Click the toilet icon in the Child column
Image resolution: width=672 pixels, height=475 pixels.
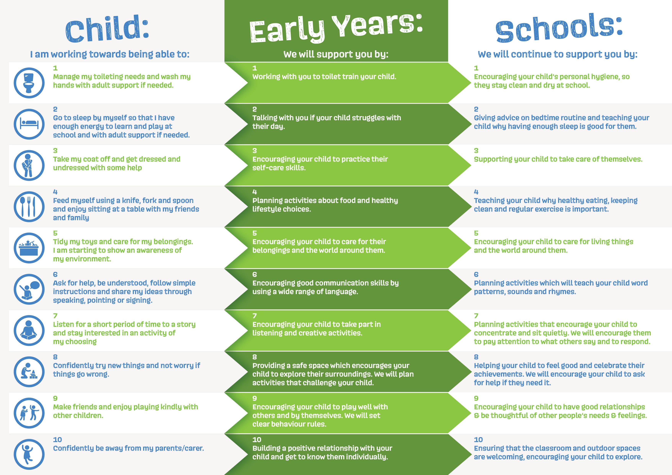pyautogui.click(x=29, y=83)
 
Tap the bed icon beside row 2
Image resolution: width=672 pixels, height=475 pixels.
pyautogui.click(x=29, y=124)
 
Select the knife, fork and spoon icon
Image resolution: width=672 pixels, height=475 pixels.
pyautogui.click(x=29, y=207)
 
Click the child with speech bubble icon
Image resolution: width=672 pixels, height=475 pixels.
pyautogui.click(x=29, y=289)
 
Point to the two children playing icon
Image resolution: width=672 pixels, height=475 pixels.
pyautogui.click(x=29, y=413)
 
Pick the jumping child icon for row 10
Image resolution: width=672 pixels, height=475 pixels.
pyautogui.click(x=29, y=454)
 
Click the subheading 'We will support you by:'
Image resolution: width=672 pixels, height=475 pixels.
pyautogui.click(x=336, y=54)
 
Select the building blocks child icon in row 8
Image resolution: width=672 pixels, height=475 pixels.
pyautogui.click(x=29, y=372)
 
